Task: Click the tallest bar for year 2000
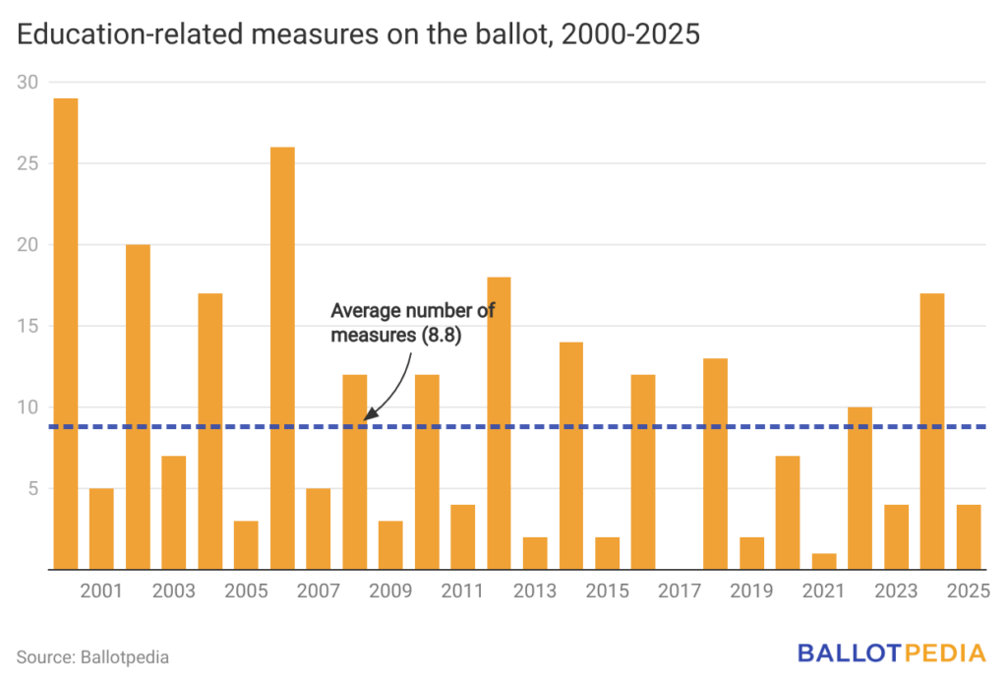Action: coord(66,334)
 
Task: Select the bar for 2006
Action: coord(282,358)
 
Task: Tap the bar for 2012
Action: coord(500,423)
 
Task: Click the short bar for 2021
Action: coord(824,561)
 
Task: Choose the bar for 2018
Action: coord(716,464)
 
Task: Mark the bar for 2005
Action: coord(246,545)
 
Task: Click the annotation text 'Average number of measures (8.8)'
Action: coord(412,323)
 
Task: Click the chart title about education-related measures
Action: coord(358,34)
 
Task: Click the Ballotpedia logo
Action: coord(892,653)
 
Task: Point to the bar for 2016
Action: coord(643,471)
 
